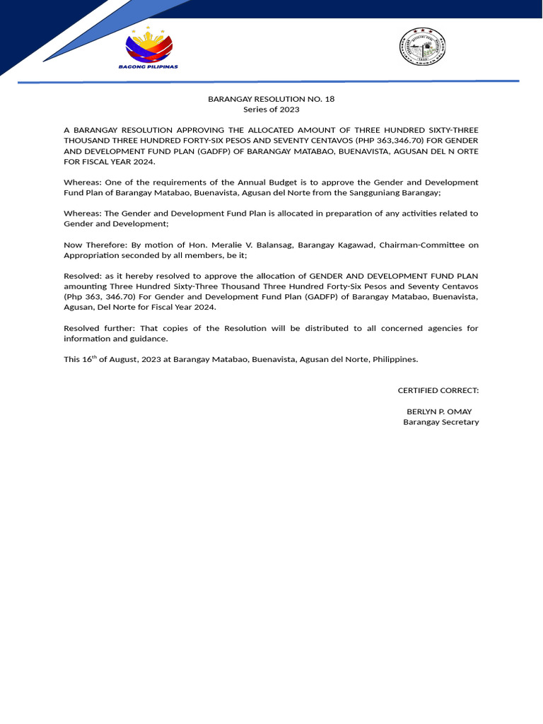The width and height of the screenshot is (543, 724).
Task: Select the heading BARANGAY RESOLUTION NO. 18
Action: click(x=271, y=99)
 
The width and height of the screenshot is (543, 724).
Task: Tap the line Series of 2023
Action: click(x=271, y=110)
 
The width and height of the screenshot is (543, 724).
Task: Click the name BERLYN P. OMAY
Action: click(x=439, y=411)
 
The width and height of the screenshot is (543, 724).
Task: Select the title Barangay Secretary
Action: click(x=440, y=422)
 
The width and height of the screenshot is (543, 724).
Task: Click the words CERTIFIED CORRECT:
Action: click(x=438, y=390)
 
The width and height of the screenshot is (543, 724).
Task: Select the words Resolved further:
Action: click(x=97, y=328)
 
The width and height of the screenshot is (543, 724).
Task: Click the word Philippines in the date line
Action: click(x=397, y=359)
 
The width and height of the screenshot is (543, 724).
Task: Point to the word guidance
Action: click(x=148, y=339)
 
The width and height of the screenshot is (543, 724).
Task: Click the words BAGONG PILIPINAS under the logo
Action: click(x=148, y=66)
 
